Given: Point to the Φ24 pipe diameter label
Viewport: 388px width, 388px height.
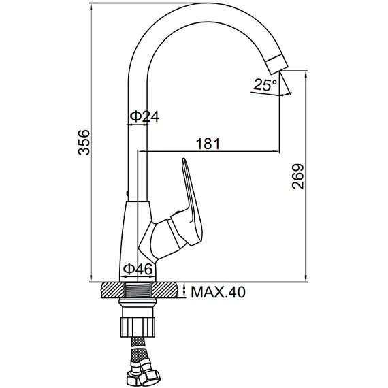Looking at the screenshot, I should point(144,116).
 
